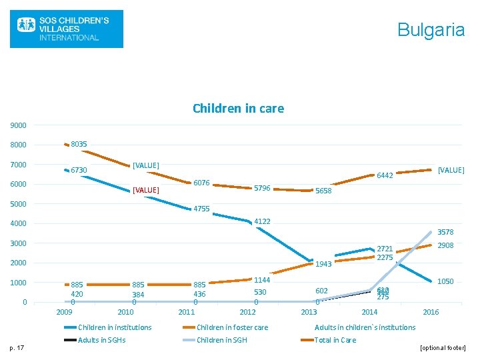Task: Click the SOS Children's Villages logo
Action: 66,29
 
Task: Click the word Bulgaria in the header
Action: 431,29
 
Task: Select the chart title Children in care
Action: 238,108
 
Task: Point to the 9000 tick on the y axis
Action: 18,125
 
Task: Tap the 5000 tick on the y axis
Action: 18,204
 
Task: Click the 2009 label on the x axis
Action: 64,312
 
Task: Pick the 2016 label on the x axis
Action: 431,312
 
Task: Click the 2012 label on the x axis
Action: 247,312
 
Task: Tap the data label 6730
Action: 79,171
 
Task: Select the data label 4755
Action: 201,209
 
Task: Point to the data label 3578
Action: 445,232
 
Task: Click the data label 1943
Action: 323,264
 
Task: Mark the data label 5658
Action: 323,191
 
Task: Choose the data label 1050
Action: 445,282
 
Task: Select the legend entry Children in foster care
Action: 232,327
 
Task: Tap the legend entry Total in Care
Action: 335,340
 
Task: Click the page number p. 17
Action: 19,347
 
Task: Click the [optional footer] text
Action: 441,348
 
